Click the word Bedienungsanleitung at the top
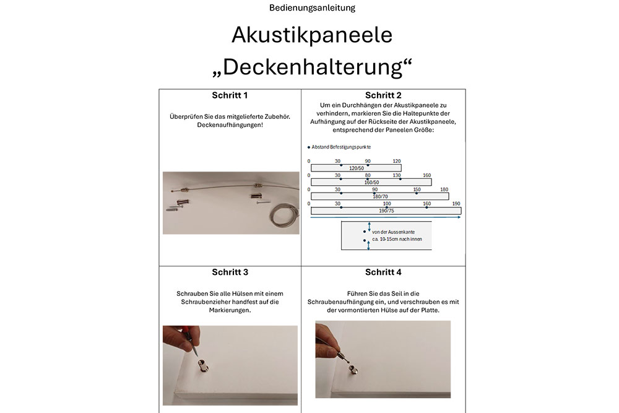[312, 8]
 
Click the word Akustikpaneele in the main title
[312, 35]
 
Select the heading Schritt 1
[230, 95]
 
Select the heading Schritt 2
[383, 95]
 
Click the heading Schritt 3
[230, 272]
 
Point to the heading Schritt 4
[383, 272]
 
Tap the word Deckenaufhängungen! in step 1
[230, 125]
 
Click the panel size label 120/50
[356, 168]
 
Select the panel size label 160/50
[371, 182]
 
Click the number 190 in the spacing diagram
[456, 204]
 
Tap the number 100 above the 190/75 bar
[387, 204]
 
